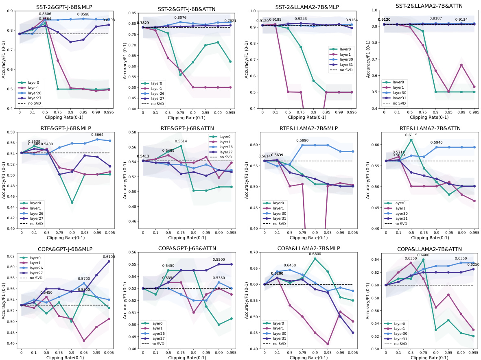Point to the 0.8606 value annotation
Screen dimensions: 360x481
45,13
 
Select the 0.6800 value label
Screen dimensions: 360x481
315,254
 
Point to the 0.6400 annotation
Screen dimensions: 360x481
423,255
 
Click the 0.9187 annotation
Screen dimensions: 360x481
437,18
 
